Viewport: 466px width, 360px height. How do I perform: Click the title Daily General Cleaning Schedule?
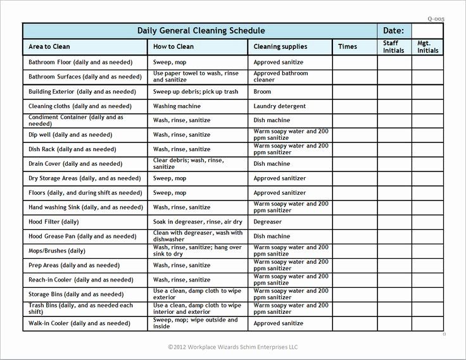[x=201, y=31]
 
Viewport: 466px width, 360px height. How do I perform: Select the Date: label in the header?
[x=393, y=31]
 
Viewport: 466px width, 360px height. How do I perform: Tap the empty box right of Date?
[x=427, y=31]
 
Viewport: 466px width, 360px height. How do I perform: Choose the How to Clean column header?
[x=173, y=47]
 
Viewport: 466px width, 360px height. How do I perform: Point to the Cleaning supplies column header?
[x=280, y=47]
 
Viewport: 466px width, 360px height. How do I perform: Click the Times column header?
[x=348, y=47]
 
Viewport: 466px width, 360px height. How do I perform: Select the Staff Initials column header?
[x=393, y=47]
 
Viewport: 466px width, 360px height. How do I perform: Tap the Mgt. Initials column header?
[x=428, y=47]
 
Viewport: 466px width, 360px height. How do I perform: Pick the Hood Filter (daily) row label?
[x=54, y=222]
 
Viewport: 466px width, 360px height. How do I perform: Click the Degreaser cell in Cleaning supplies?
[x=268, y=222]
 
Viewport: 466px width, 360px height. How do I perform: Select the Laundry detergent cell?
[x=279, y=106]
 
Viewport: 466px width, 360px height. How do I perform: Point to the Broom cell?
[x=262, y=92]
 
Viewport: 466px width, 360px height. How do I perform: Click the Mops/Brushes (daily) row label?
[x=57, y=251]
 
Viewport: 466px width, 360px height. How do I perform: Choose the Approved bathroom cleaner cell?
[x=280, y=77]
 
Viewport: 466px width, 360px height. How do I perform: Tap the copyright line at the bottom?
[x=234, y=347]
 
